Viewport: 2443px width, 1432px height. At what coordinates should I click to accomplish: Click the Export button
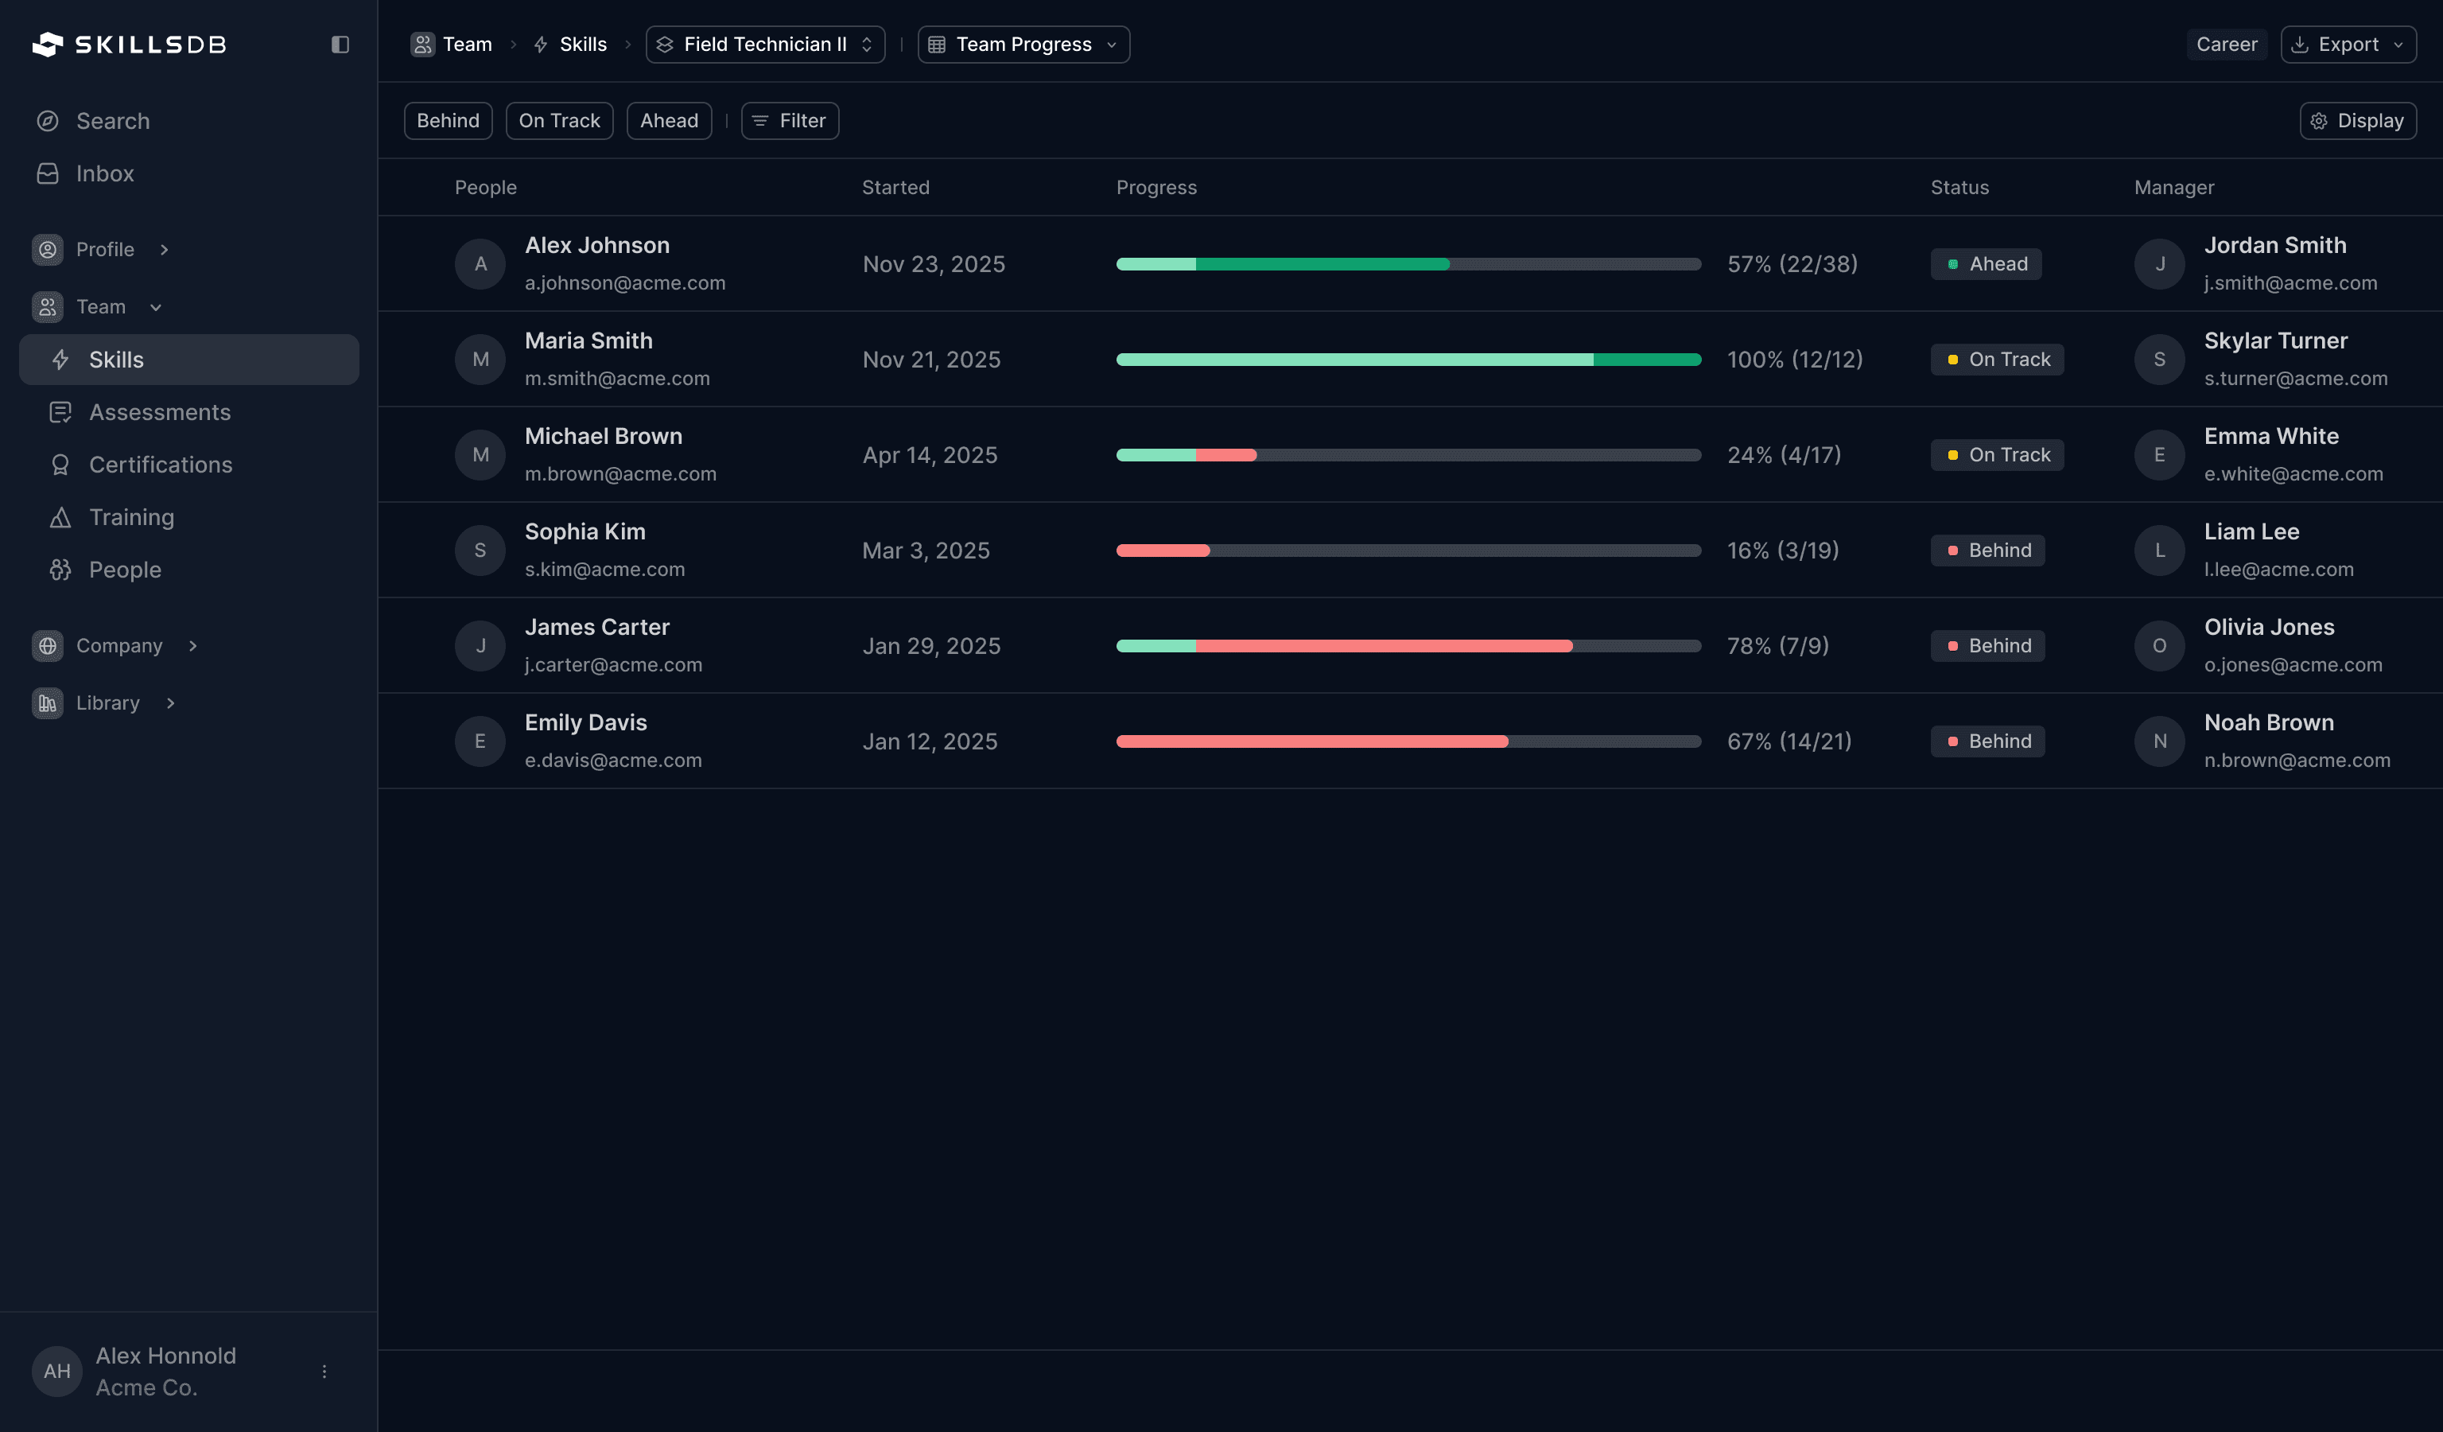pyautogui.click(x=2347, y=45)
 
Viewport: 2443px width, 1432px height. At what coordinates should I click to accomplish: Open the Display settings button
pyautogui.click(x=2357, y=121)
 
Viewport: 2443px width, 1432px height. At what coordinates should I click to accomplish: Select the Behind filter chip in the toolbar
pyautogui.click(x=448, y=121)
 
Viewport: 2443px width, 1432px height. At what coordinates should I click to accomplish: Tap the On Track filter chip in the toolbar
pyautogui.click(x=559, y=121)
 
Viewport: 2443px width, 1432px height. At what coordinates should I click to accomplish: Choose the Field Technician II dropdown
pyautogui.click(x=765, y=45)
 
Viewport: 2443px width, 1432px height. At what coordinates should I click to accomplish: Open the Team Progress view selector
pyautogui.click(x=1023, y=45)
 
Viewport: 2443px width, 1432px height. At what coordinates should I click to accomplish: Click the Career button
pyautogui.click(x=2226, y=45)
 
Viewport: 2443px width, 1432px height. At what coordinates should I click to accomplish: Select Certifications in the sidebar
pyautogui.click(x=160, y=465)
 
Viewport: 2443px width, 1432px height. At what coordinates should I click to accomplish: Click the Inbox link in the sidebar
pyautogui.click(x=105, y=173)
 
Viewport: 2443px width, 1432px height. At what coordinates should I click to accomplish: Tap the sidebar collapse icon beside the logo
pyautogui.click(x=340, y=45)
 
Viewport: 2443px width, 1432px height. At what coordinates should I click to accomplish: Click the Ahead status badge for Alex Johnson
pyautogui.click(x=1986, y=263)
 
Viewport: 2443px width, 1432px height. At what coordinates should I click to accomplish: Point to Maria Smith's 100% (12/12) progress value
pyautogui.click(x=1794, y=360)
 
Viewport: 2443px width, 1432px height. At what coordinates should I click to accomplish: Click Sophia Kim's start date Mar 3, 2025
pyautogui.click(x=926, y=551)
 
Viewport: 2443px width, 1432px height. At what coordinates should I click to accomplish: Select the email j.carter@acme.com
pyautogui.click(x=612, y=665)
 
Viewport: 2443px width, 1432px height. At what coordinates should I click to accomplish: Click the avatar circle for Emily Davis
pyautogui.click(x=480, y=741)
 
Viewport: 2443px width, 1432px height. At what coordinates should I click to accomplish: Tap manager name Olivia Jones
pyautogui.click(x=2269, y=627)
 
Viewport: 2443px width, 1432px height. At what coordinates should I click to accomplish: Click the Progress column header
pyautogui.click(x=1155, y=187)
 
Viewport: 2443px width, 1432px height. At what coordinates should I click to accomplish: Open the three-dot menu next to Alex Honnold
pyautogui.click(x=324, y=1372)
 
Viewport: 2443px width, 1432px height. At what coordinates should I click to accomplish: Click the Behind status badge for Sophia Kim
pyautogui.click(x=1987, y=551)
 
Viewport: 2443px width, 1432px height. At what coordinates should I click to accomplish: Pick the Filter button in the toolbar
pyautogui.click(x=790, y=121)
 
